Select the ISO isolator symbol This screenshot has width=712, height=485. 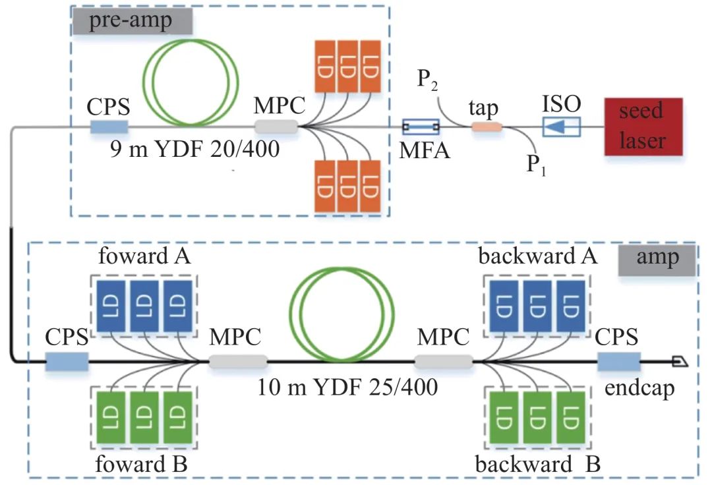click(560, 127)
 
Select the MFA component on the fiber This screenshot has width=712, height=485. click(421, 126)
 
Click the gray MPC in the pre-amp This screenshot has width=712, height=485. click(276, 126)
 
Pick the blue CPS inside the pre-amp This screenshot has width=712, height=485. click(109, 126)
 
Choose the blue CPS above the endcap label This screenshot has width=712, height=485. click(618, 361)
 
